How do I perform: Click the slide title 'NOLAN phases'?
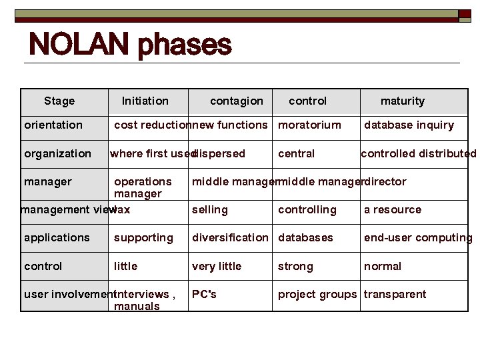click(130, 45)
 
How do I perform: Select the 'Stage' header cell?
click(59, 101)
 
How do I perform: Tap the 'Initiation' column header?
click(145, 101)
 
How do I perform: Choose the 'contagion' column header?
click(236, 101)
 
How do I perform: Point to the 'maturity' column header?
click(402, 101)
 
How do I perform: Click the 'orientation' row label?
click(53, 125)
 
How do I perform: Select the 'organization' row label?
click(57, 154)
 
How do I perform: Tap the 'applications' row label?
click(57, 238)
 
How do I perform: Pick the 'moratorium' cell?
click(309, 125)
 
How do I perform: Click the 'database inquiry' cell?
click(409, 125)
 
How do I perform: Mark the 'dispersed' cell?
click(220, 154)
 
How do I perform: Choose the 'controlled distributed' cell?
click(418, 154)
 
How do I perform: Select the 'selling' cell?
click(209, 210)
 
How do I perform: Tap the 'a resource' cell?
click(392, 210)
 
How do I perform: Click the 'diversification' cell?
click(230, 238)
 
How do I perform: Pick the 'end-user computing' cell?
click(417, 238)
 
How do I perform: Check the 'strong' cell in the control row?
click(295, 267)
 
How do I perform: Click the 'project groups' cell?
click(317, 295)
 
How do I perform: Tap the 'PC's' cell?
click(204, 295)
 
